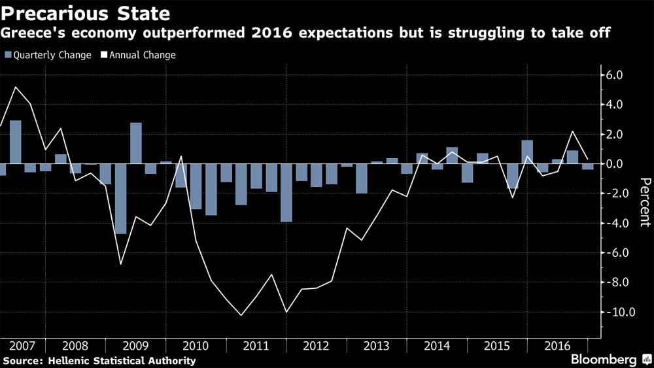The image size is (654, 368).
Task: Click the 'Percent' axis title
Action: [644, 202]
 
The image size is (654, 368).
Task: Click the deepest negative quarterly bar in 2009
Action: [120, 199]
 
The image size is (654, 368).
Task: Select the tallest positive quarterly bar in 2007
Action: [15, 142]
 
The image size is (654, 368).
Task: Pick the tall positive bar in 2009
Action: [135, 143]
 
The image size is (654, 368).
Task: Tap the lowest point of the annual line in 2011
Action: [241, 315]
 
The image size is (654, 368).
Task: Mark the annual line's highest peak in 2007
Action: [15, 87]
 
